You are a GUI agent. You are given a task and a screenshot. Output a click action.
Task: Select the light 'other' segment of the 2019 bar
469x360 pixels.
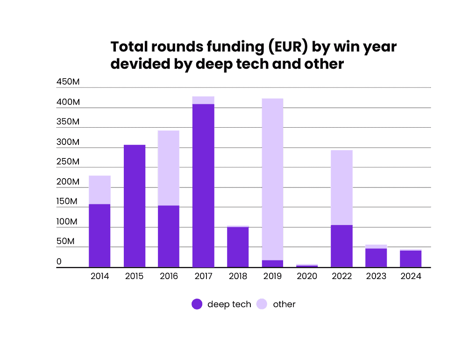pos(272,179)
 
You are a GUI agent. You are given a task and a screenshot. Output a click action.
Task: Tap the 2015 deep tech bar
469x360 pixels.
pos(135,206)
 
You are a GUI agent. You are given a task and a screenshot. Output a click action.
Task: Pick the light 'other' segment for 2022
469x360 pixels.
pos(341,187)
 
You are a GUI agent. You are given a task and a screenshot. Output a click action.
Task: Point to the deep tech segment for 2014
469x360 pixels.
pos(99,236)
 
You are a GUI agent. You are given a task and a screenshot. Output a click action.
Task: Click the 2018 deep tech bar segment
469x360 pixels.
pos(238,247)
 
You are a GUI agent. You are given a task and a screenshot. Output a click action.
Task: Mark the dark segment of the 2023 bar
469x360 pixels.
pos(376,258)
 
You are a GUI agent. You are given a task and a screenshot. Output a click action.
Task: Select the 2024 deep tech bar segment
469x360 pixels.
pos(411,259)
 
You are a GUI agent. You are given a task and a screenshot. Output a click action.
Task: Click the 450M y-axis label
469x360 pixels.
pos(68,82)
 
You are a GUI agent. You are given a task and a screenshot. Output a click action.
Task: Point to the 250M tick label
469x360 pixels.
pos(68,162)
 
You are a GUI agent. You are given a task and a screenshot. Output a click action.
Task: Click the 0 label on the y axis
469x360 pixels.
pos(59,262)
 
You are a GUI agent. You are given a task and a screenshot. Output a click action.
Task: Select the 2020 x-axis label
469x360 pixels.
pos(307,276)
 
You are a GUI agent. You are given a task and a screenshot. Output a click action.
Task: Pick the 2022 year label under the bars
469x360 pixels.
pos(341,276)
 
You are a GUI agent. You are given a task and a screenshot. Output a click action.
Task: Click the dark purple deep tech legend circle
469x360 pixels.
pos(197,304)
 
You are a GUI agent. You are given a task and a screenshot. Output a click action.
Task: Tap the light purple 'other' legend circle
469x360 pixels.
pos(263,304)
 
